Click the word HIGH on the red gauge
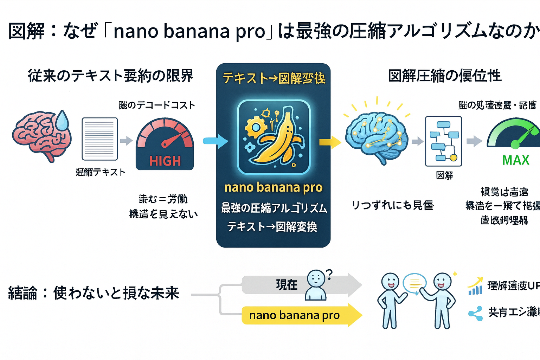pyautogui.click(x=165, y=161)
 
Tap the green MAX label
pyautogui.click(x=516, y=160)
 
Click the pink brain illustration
pyautogui.click(x=40, y=135)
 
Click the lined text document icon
pyautogui.click(x=100, y=139)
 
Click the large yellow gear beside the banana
pyautogui.click(x=253, y=127)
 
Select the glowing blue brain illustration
pyautogui.click(x=376, y=137)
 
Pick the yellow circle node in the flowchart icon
pyautogui.click(x=454, y=158)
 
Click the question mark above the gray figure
pyautogui.click(x=329, y=274)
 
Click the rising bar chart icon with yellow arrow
pyautogui.click(x=475, y=287)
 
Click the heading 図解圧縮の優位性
pyautogui.click(x=445, y=76)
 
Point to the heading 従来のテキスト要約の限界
pyautogui.click(x=110, y=76)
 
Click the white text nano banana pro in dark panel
pyautogui.click(x=274, y=187)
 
